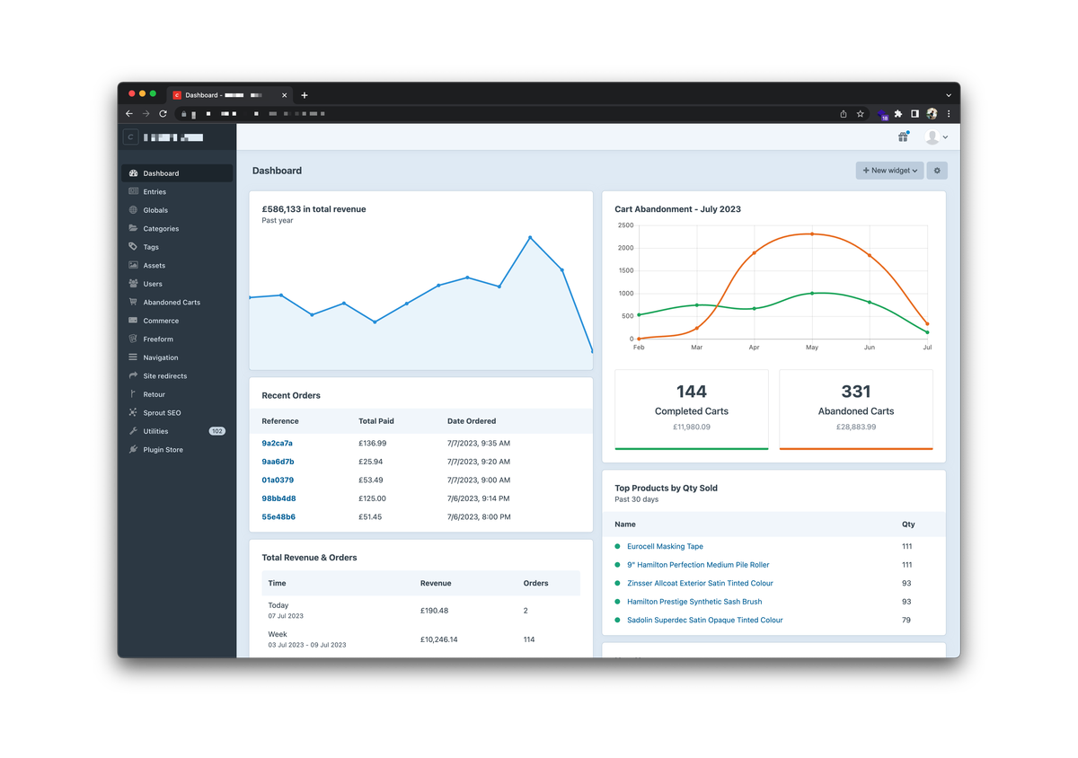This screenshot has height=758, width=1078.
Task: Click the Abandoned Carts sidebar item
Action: click(x=171, y=303)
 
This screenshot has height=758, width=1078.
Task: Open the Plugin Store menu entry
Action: click(x=163, y=450)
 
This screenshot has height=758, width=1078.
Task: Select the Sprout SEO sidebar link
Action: click(x=162, y=413)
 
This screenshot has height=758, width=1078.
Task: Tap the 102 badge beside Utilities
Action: click(x=216, y=431)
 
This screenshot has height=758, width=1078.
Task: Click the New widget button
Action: click(x=889, y=171)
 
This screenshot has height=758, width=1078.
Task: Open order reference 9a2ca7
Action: click(x=277, y=444)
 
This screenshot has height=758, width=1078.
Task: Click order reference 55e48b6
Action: click(x=278, y=517)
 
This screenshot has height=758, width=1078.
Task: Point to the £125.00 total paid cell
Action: click(x=372, y=498)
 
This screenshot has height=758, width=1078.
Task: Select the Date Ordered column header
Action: click(x=472, y=421)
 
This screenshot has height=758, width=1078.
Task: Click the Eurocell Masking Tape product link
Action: click(x=665, y=546)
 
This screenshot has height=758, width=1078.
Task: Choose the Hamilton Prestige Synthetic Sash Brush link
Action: click(x=694, y=602)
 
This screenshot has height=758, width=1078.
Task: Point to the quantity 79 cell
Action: click(x=906, y=621)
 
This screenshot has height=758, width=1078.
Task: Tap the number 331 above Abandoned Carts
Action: click(x=856, y=392)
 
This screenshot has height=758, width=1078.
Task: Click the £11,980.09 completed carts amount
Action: click(x=692, y=427)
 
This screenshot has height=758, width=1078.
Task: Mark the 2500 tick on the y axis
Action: click(x=625, y=225)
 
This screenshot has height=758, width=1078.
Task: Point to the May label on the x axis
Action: click(x=812, y=347)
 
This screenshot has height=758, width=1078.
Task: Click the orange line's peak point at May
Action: click(x=812, y=234)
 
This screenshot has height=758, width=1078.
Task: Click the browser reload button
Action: click(x=163, y=114)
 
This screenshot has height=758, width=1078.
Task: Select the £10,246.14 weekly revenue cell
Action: click(x=438, y=639)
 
